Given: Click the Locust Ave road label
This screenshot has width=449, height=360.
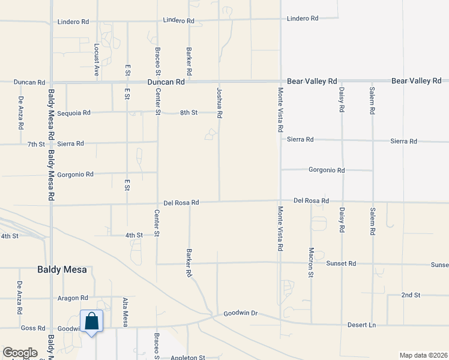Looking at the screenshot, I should click(x=96, y=59).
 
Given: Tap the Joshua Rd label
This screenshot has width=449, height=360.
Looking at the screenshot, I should click(x=220, y=102).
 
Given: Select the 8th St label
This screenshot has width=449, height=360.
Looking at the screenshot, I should click(x=189, y=112).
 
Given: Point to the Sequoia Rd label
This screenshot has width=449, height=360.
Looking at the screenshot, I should click(x=74, y=112).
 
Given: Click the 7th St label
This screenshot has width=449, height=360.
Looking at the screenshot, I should click(x=36, y=144).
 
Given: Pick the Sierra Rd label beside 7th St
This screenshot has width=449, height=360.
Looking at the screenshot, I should click(x=71, y=143).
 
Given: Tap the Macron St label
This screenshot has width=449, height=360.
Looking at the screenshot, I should click(x=311, y=262).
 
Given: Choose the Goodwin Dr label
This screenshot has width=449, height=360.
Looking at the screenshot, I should click(x=240, y=313).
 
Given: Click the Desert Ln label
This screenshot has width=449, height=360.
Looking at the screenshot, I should click(x=361, y=325).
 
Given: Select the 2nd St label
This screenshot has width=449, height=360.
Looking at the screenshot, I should click(x=411, y=295).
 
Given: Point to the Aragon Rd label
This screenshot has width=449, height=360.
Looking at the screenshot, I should click(x=73, y=298).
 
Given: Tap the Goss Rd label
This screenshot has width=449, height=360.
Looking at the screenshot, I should click(x=32, y=328).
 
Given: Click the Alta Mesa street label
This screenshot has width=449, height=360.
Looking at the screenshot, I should click(x=125, y=312).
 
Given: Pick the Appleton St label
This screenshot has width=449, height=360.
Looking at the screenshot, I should click(x=188, y=358).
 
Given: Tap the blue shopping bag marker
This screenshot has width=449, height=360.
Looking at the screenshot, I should click(x=91, y=322).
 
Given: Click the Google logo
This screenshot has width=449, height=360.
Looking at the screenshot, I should click(x=20, y=352).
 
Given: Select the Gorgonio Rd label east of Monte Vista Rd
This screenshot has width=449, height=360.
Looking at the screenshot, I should click(x=327, y=170).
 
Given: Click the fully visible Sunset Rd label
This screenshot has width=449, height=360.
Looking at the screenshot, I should click(x=341, y=263).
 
